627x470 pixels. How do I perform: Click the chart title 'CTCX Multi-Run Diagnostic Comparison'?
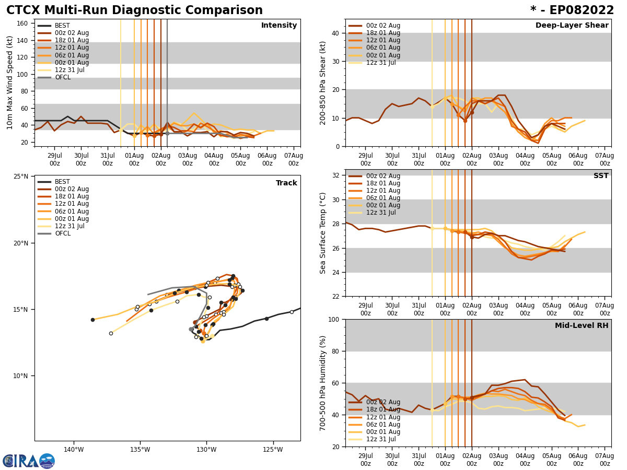pyautogui.click(x=134, y=10)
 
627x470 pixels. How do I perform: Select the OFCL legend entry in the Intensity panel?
pyautogui.click(x=63, y=77)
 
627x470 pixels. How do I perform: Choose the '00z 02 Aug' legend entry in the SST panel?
pyautogui.click(x=383, y=176)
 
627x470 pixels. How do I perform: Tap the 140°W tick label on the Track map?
pyautogui.click(x=74, y=450)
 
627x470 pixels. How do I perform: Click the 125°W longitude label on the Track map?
pyautogui.click(x=273, y=450)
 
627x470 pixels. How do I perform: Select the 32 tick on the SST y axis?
pyautogui.click(x=336, y=175)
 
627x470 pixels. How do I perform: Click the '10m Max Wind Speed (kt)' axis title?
pyautogui.click(x=10, y=83)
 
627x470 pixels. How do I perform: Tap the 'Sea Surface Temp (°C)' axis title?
pyautogui.click(x=323, y=233)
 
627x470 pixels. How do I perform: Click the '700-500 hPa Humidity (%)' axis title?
pyautogui.click(x=323, y=383)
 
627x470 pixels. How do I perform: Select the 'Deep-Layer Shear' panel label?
pyautogui.click(x=572, y=26)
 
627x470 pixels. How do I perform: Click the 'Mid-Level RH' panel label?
pyautogui.click(x=582, y=326)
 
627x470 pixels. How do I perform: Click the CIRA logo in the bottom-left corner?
pyautogui.click(x=29, y=461)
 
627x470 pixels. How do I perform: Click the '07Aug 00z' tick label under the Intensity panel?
pyautogui.click(x=294, y=159)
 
